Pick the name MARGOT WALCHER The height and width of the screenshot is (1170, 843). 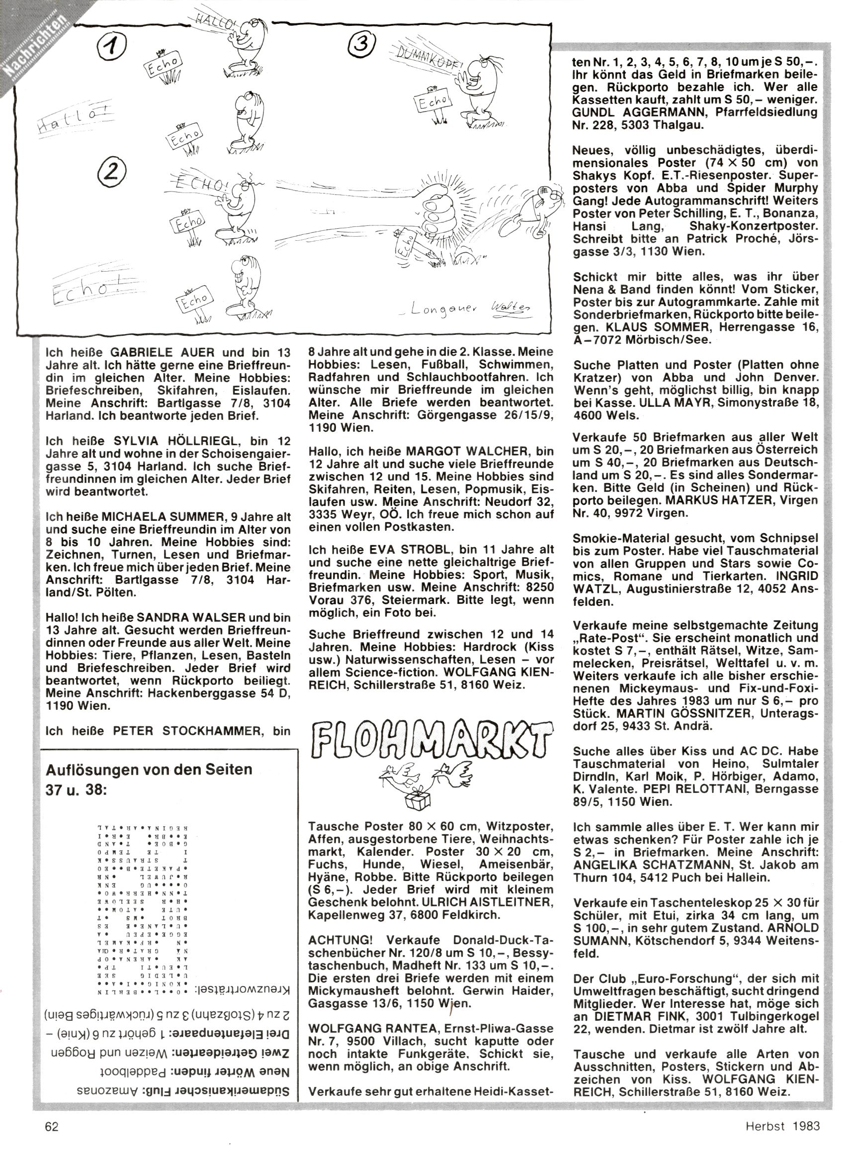point(469,450)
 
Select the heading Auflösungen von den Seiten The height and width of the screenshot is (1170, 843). point(150,770)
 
